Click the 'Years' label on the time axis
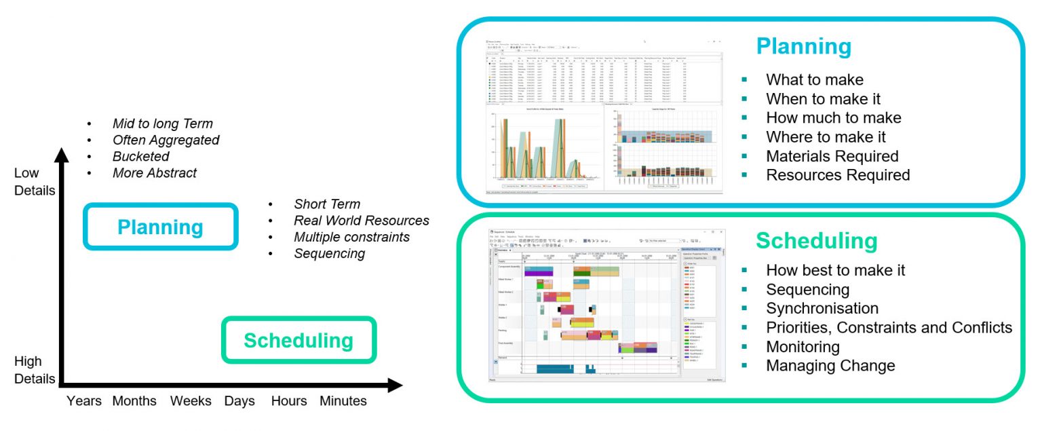click(84, 401)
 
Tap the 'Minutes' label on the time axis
click(343, 401)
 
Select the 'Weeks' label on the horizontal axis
click(191, 401)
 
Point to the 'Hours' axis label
click(289, 401)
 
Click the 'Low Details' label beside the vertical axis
click(34, 182)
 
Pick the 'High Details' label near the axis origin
click(34, 370)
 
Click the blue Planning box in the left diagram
click(160, 227)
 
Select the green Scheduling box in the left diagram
click(298, 340)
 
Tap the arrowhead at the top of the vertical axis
click(62, 155)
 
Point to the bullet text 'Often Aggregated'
click(166, 140)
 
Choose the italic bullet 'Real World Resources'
click(361, 221)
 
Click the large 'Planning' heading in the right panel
click(803, 46)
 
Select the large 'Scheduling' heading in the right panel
click(816, 241)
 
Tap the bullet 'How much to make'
click(833, 118)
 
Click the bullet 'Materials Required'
click(832, 156)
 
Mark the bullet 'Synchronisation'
click(822, 309)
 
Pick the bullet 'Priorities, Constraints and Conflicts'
click(889, 328)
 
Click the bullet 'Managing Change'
click(830, 366)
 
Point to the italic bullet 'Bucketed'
click(140, 156)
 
